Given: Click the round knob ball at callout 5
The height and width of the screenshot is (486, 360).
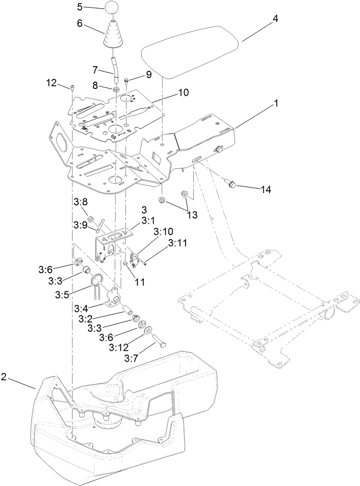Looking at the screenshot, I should (112, 8).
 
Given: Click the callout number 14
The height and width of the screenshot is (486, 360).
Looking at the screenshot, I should (266, 190).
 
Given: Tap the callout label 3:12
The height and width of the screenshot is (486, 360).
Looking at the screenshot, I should (119, 348).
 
